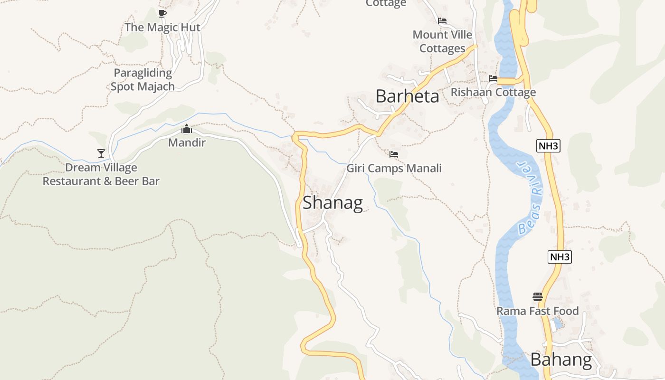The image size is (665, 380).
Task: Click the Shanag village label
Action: (332, 203)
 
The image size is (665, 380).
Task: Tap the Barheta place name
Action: (407, 96)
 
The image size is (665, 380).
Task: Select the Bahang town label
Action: (561, 360)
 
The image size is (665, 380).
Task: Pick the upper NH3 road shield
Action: (548, 146)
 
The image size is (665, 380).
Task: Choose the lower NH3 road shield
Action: (559, 257)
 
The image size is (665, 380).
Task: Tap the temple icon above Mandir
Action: (187, 129)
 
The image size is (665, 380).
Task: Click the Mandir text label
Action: (187, 142)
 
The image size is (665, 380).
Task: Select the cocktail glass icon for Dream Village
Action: (101, 153)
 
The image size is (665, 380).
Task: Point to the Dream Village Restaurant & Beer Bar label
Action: (101, 174)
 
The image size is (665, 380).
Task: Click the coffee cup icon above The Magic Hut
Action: (162, 13)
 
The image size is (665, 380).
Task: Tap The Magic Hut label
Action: (162, 27)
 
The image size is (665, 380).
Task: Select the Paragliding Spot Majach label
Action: (142, 80)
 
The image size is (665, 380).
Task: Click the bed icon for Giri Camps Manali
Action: (394, 154)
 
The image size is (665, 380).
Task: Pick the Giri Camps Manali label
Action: (394, 168)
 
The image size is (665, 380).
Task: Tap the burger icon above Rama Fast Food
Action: (537, 297)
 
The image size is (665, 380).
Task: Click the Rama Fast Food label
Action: (537, 311)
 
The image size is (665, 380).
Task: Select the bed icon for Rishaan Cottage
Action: (493, 78)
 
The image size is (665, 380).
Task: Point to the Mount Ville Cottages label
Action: (442, 41)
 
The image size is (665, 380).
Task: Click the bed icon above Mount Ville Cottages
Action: (442, 21)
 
